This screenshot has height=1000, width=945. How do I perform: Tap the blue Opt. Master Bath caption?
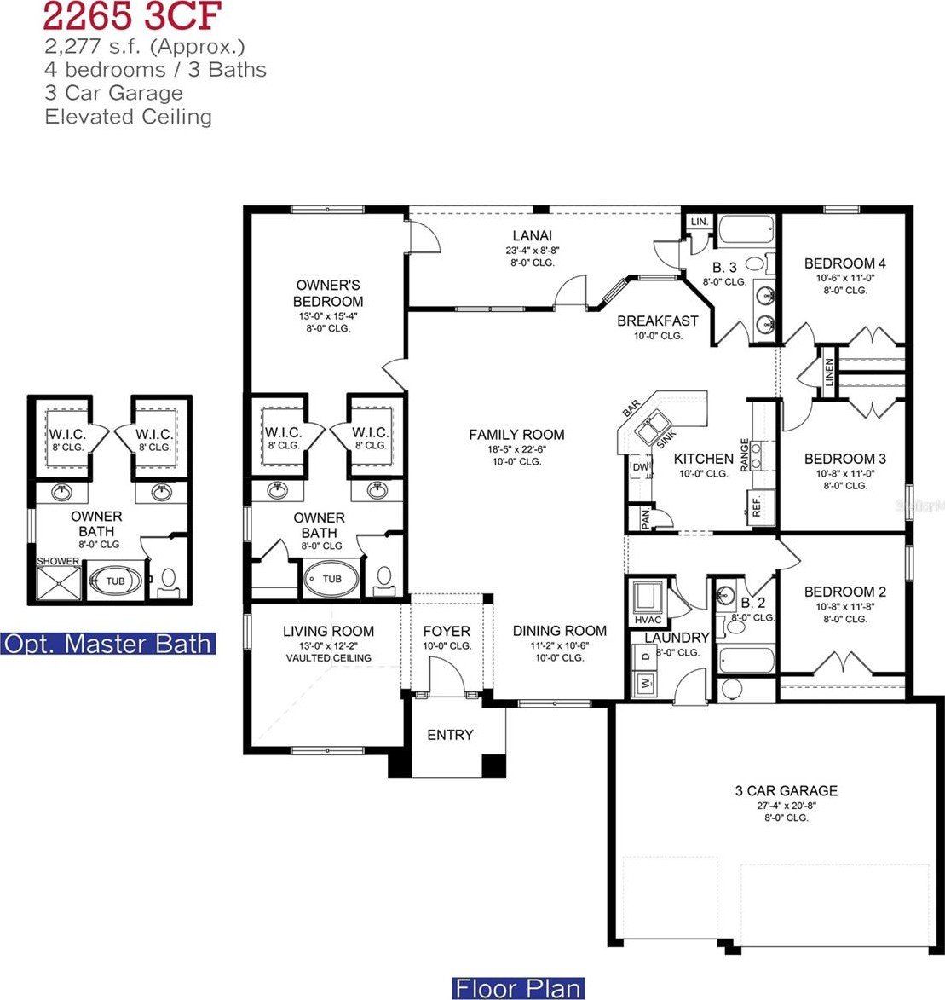pos(107,643)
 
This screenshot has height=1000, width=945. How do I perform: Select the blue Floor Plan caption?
pos(518,988)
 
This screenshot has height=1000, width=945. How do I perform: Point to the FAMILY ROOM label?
pos(516,435)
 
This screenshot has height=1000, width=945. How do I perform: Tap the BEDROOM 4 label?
pos(844,263)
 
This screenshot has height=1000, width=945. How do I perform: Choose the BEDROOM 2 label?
pos(844,592)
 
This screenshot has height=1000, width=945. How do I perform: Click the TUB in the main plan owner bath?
pos(331,579)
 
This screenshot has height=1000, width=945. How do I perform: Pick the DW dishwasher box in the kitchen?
pos(640,467)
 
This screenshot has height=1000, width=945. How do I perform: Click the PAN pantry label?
pos(634,519)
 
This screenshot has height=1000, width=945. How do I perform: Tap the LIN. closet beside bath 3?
pos(699,222)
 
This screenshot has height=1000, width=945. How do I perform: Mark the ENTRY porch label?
pos(450,735)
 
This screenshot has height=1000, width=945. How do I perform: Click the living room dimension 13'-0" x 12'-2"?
pos(328,645)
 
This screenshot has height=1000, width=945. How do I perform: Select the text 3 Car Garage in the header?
pos(113,93)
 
